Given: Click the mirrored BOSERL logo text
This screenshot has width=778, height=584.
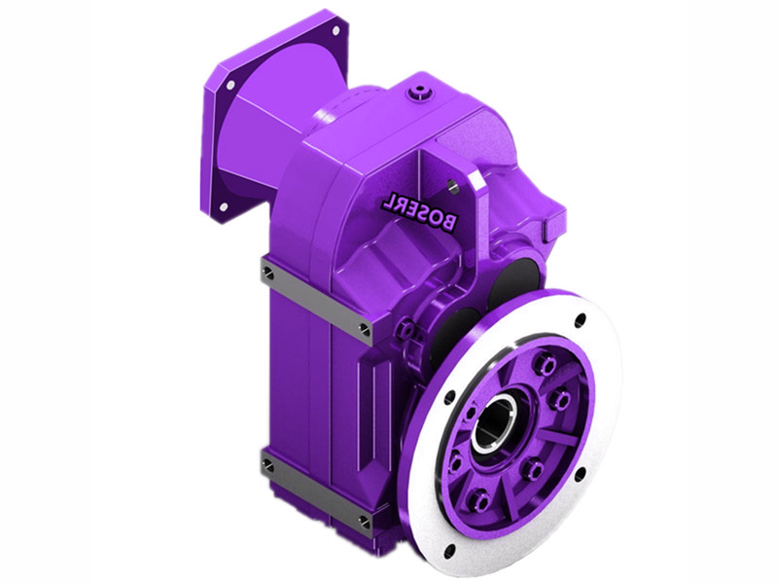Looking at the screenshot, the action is pos(419,211).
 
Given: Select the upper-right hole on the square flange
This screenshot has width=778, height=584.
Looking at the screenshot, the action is pos(336,31).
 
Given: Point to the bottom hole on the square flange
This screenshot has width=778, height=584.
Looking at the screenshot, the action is pos(224,206).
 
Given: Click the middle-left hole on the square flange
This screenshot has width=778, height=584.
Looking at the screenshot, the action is pos(230,84).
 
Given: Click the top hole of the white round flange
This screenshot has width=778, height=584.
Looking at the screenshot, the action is pos(581,319).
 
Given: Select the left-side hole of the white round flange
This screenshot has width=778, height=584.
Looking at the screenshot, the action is pos(450,396).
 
